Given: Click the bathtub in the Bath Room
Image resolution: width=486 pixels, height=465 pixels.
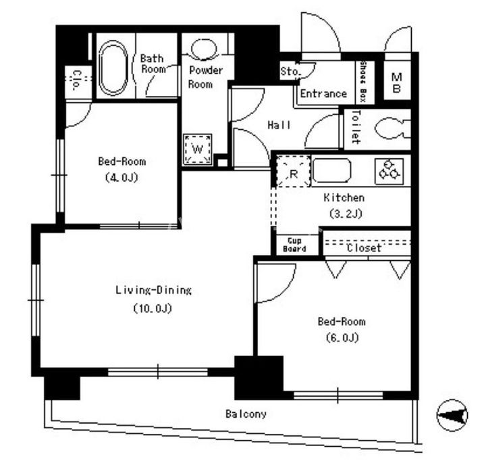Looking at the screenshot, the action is coord(113,68).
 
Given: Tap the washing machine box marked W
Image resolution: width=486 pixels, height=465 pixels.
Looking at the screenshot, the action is coord(197,149).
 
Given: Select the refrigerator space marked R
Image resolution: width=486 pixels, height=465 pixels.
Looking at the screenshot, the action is coord(293,172).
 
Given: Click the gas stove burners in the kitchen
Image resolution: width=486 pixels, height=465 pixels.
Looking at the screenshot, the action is coord(389,172).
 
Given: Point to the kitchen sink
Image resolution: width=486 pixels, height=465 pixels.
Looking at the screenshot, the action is coord(331,170).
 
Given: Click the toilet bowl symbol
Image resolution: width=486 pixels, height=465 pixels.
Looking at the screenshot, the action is coord(392,129).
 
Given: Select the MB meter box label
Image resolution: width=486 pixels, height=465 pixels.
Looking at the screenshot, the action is coord(397,82).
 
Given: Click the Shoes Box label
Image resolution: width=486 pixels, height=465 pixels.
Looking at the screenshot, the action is coord(363,82).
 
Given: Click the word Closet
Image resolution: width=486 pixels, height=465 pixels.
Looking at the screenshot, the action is coord(364,248).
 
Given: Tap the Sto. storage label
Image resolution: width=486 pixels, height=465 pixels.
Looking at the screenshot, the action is coord(290,72).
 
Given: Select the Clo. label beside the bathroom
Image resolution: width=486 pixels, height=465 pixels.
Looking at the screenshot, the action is coord(76,80).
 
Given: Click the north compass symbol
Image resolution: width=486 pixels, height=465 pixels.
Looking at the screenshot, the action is coord(452,415).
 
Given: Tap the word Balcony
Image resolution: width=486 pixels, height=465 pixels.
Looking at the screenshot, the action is coord(246,414).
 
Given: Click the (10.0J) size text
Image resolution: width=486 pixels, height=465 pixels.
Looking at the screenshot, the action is coord(153,309).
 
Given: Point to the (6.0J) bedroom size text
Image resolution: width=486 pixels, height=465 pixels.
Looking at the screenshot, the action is coord(342,337).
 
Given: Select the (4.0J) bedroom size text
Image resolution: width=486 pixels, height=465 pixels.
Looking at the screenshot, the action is coord(122,178).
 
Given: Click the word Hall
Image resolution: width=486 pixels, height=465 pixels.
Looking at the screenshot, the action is coord(279,125).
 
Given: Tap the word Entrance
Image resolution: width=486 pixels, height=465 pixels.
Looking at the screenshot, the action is coord(323,93).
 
